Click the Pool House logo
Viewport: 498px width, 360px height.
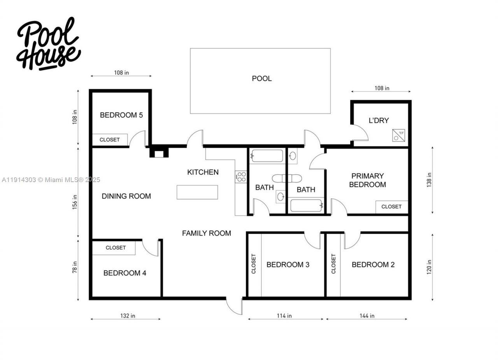pyautogui.click(x=48, y=44)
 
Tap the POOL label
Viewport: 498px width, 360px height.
pyautogui.click(x=262, y=79)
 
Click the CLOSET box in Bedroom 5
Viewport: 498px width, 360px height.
pyautogui.click(x=110, y=140)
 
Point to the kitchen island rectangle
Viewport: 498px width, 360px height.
pyautogui.click(x=197, y=192)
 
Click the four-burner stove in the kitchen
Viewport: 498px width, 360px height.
pyautogui.click(x=241, y=177)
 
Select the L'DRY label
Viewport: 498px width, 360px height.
pyautogui.click(x=379, y=121)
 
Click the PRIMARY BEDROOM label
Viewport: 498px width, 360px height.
pyautogui.click(x=367, y=180)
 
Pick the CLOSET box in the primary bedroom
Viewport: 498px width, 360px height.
pyautogui.click(x=391, y=207)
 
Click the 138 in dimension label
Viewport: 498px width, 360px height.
pyautogui.click(x=430, y=180)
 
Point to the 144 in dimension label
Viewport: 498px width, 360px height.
pyautogui.click(x=367, y=316)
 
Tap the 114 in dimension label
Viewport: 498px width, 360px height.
pyautogui.click(x=284, y=316)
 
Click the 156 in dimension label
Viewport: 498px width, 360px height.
pyautogui.click(x=75, y=202)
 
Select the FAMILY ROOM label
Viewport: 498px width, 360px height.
pyautogui.click(x=207, y=233)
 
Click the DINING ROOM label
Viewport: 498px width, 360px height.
pyautogui.click(x=126, y=196)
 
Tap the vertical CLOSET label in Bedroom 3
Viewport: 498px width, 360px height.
pyautogui.click(x=254, y=264)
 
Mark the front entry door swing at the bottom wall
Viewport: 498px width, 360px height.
pyautogui.click(x=235, y=306)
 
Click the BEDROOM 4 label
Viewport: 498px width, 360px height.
pyautogui.click(x=125, y=273)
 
